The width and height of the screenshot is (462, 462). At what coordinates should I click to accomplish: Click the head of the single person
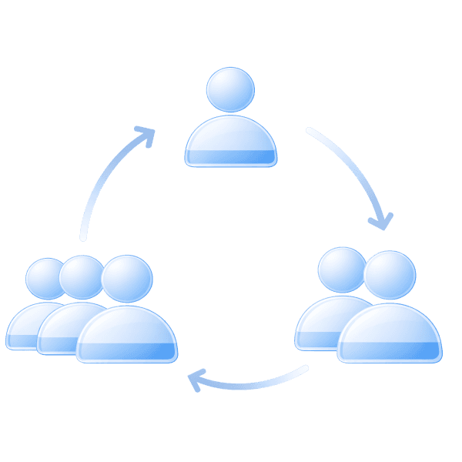coord(230,90)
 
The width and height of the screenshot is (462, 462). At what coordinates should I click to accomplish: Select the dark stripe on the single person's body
coord(230,157)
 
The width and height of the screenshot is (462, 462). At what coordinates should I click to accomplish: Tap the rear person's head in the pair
coord(341,269)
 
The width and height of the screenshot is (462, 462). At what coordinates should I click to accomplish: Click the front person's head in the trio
coord(127,278)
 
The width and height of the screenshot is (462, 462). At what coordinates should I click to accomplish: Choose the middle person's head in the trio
coord(81,276)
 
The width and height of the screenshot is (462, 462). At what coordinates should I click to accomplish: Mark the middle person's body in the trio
coord(62,323)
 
